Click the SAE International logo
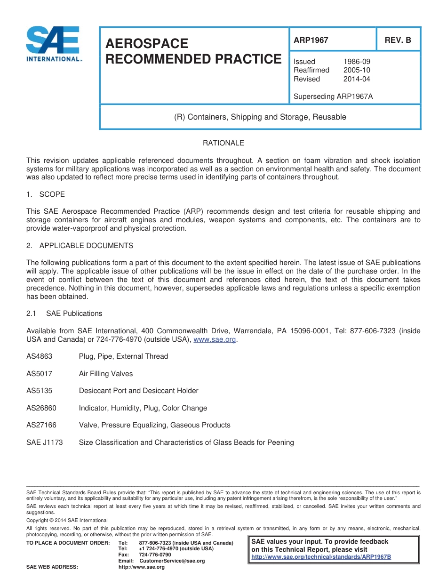point(53,43)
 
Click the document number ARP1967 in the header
point(311,40)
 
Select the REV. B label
point(398,40)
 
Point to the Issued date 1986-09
point(357,62)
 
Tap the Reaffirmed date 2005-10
point(357,70)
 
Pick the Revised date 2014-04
point(357,79)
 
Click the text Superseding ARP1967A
point(333,96)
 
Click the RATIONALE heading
point(223,143)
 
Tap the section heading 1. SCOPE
point(46,194)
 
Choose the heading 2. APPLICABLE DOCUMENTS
point(80,246)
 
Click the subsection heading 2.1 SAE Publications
point(64,314)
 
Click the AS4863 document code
point(40,356)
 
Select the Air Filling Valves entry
point(106,374)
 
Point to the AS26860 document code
point(41,408)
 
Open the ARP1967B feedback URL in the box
point(321,557)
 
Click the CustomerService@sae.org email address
point(172,561)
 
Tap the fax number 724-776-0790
point(155,555)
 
